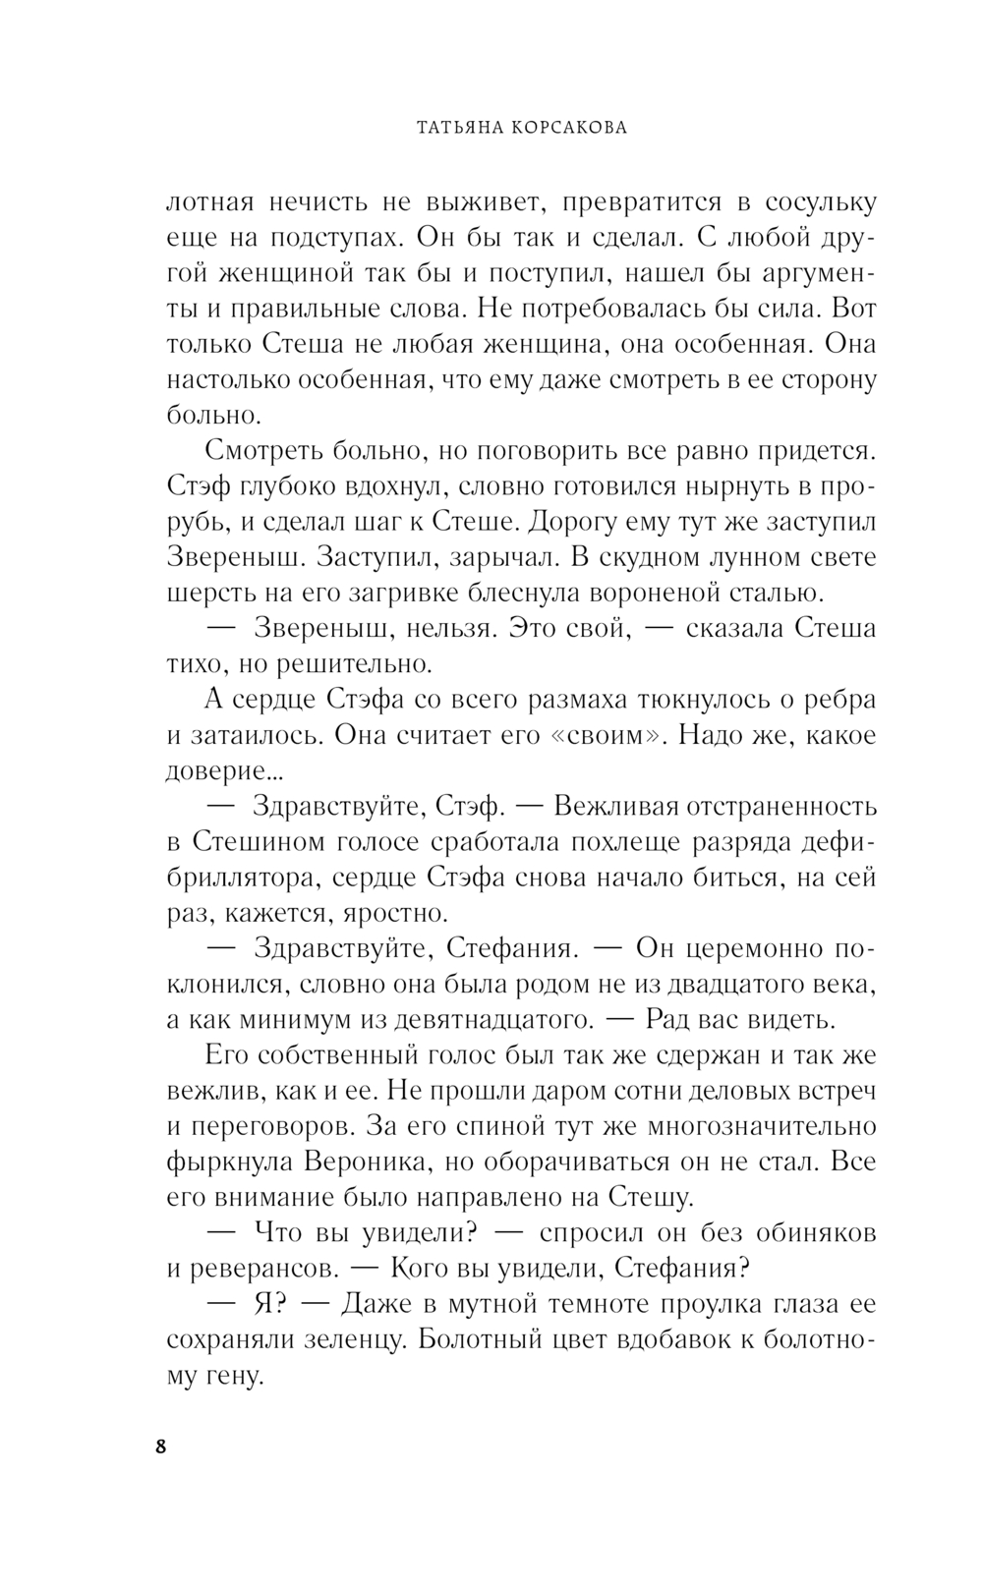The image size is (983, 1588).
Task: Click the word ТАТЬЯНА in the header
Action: click(466, 127)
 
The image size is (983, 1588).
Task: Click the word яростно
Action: click(394, 912)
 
